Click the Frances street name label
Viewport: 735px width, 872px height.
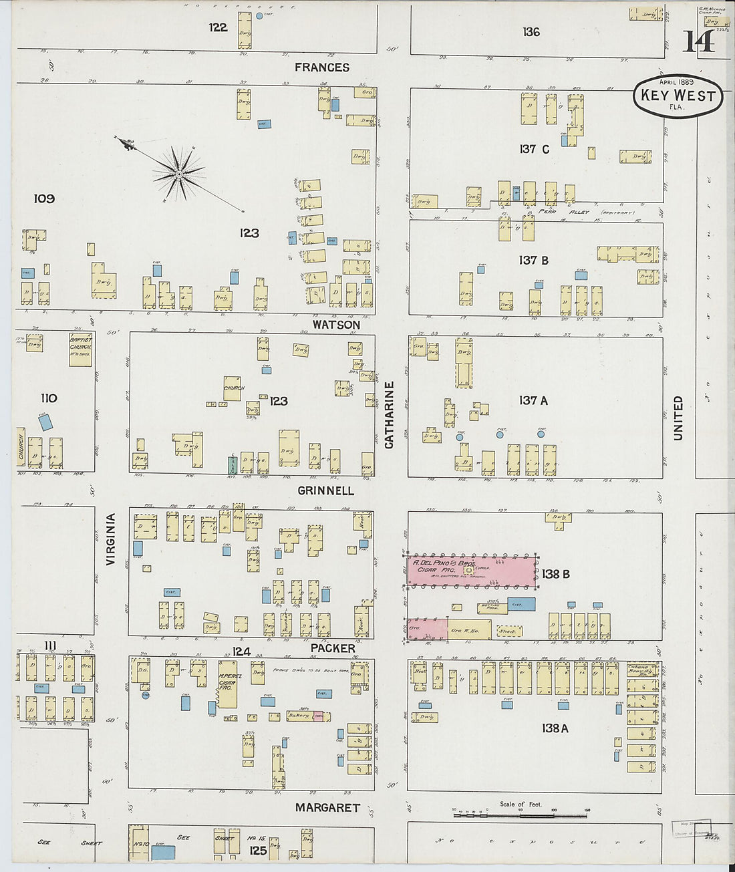pyautogui.click(x=322, y=67)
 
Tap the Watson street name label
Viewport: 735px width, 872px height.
pyautogui.click(x=336, y=325)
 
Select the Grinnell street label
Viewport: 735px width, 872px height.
pyautogui.click(x=325, y=490)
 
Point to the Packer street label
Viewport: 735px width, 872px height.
pyautogui.click(x=333, y=648)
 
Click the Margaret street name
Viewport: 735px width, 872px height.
pyautogui.click(x=327, y=808)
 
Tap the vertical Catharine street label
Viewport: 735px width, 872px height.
pyautogui.click(x=390, y=414)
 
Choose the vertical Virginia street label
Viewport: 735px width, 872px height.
pyautogui.click(x=111, y=539)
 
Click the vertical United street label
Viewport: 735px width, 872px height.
pyautogui.click(x=678, y=418)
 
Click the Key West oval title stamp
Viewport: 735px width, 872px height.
pyautogui.click(x=678, y=96)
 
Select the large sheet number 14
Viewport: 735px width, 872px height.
pyautogui.click(x=698, y=42)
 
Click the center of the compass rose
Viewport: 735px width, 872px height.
pyautogui.click(x=179, y=174)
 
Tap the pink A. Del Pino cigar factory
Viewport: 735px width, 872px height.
pyautogui.click(x=471, y=571)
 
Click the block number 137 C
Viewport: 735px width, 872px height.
pyautogui.click(x=534, y=149)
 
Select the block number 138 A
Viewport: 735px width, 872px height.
pyautogui.click(x=555, y=728)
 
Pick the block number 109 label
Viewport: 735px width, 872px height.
pyautogui.click(x=44, y=198)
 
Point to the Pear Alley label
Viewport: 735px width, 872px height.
pyautogui.click(x=549, y=212)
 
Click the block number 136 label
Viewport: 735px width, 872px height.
pyautogui.click(x=531, y=31)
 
